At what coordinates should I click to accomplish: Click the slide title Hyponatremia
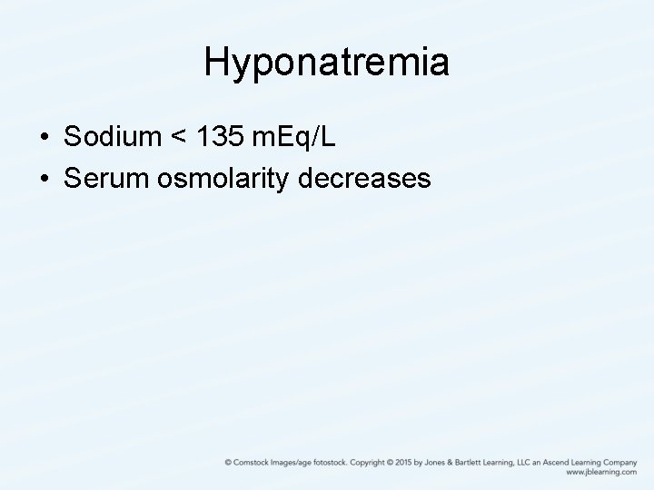pos(327,63)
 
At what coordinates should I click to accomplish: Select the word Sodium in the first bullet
pos(110,137)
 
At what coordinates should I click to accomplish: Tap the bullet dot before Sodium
pos(45,139)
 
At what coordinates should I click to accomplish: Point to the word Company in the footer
pos(619,462)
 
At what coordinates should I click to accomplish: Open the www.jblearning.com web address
pos(600,473)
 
